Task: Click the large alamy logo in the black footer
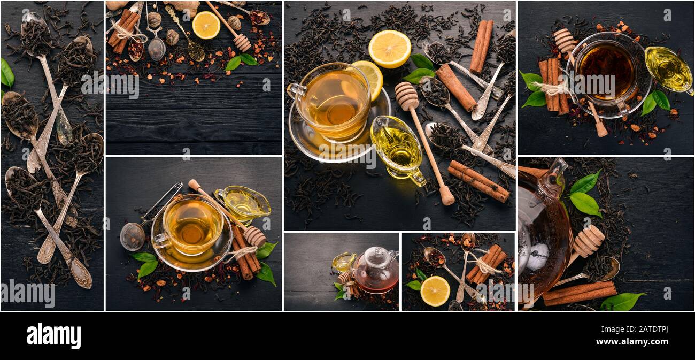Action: coord(53,336)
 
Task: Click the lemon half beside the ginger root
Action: coord(206,25)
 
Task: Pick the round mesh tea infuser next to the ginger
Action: coord(157,49)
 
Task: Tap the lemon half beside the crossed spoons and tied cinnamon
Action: coord(434,291)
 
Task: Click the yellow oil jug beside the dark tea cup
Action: coord(668,69)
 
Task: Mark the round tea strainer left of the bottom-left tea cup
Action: coord(132,236)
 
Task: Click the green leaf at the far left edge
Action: coord(6,73)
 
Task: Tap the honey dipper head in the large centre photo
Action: coord(406,96)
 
